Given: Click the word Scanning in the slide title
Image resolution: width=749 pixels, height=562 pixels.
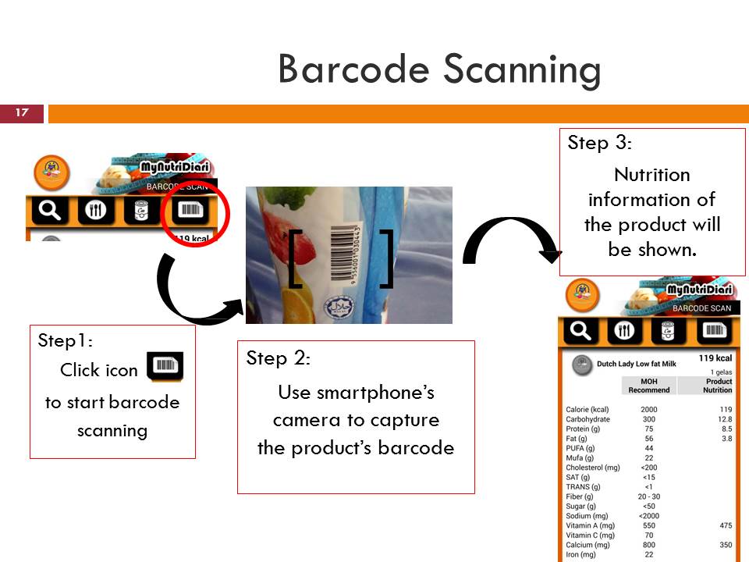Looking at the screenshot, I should point(522,70).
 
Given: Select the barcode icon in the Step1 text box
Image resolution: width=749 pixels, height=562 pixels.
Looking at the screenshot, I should point(165,367).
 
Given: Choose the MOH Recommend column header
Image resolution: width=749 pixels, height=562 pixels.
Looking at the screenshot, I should point(648,386).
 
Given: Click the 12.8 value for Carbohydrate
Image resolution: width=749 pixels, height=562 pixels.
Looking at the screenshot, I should point(723,419).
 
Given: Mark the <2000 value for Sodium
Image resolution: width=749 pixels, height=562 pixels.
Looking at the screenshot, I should point(648,516).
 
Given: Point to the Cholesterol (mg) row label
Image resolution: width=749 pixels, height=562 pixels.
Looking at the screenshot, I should point(593,468).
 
